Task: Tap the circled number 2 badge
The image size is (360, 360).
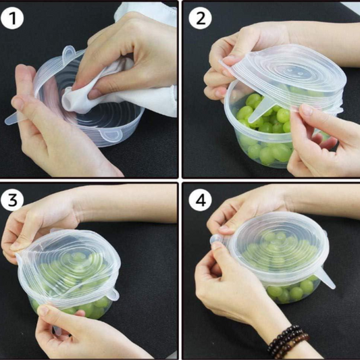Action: coord(199,18)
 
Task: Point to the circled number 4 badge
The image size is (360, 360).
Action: coord(199,200)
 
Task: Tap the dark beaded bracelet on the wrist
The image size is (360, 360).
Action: coord(287,341)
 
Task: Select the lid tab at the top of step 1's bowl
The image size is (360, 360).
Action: coord(68,52)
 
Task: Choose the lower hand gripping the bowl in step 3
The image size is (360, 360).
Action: coord(74,334)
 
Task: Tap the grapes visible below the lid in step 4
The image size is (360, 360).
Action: coord(287,292)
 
